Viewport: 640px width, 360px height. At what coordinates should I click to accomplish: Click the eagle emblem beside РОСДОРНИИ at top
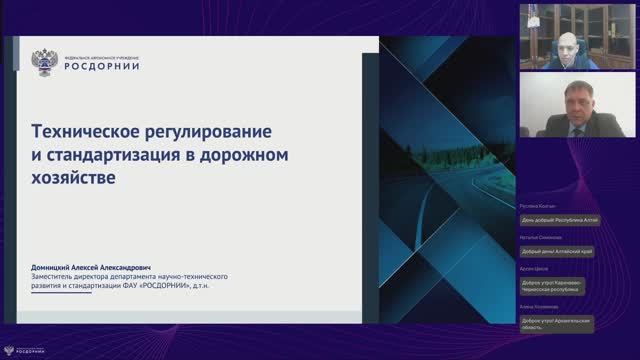pos(45,62)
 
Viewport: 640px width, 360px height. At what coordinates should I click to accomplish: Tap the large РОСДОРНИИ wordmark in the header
pos(102,66)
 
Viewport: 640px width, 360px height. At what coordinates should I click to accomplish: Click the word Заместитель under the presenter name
pos(58,275)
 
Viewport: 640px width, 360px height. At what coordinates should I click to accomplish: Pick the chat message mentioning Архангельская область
pos(557,324)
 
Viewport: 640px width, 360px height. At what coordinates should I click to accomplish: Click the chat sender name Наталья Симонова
pos(541,238)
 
